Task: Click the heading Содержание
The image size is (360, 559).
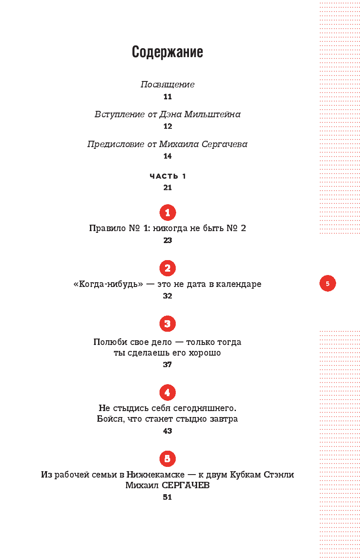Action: pyautogui.click(x=167, y=52)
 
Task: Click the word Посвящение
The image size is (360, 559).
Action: pyautogui.click(x=167, y=84)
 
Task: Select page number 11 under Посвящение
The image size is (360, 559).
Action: pyautogui.click(x=167, y=97)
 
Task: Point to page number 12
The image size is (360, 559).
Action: pyautogui.click(x=167, y=127)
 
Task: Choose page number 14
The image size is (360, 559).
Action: pyautogui.click(x=167, y=156)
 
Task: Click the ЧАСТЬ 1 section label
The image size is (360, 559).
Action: pyautogui.click(x=168, y=176)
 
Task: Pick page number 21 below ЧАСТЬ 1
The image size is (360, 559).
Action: pyautogui.click(x=167, y=188)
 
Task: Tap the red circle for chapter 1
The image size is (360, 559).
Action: pyautogui.click(x=167, y=212)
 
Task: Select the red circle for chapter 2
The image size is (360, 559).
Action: pyautogui.click(x=167, y=268)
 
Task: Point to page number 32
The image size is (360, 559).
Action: pyautogui.click(x=167, y=296)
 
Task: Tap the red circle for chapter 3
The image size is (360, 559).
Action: pyautogui.click(x=167, y=324)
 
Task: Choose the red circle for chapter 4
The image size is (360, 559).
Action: pyautogui.click(x=167, y=392)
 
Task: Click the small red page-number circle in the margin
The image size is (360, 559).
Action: pyautogui.click(x=328, y=284)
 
